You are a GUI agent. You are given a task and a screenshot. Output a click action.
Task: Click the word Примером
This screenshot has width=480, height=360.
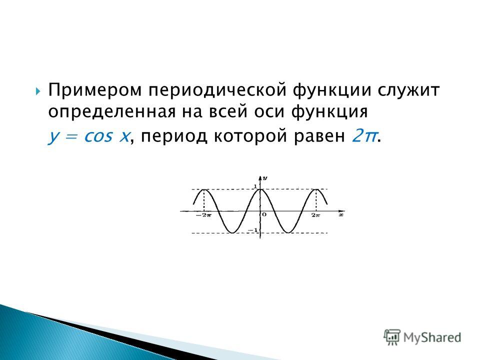[95, 90]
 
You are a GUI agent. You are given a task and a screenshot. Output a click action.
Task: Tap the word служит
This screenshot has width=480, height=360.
[408, 90]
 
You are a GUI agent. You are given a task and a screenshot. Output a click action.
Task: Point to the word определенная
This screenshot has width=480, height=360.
[111, 111]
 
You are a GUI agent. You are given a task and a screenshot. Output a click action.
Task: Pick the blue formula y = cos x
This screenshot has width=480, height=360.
[88, 136]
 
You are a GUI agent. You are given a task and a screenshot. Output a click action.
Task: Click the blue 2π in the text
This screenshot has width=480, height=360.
[363, 135]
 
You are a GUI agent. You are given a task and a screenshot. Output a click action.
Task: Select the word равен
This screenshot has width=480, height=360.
[319, 136]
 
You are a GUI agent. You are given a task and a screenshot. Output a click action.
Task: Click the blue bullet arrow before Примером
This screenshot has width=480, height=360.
[38, 91]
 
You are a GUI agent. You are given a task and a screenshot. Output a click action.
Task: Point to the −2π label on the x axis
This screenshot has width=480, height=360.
[203, 215]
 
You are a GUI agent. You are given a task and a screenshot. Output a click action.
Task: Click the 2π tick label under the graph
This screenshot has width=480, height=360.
[315, 215]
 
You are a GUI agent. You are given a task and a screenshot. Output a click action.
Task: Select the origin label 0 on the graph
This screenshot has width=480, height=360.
[264, 214]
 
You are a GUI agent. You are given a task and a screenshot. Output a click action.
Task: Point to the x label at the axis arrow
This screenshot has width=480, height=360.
[341, 215]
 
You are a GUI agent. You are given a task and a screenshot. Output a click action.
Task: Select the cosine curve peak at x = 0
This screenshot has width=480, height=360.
[260, 189]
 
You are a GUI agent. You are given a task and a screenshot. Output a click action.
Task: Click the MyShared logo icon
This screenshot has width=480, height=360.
[392, 337]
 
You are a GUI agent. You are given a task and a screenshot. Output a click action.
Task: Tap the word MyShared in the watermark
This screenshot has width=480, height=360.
[432, 337]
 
